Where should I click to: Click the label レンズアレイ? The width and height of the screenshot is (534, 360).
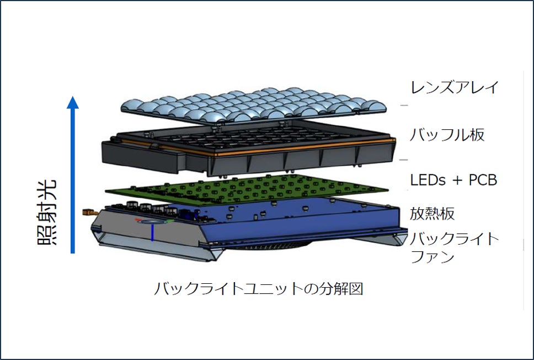click(454, 87)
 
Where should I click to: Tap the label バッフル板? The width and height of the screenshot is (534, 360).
click(447, 134)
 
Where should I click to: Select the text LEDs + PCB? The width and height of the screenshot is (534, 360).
click(453, 180)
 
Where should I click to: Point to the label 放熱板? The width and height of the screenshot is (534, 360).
click(432, 214)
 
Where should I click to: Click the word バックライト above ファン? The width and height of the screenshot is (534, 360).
click(454, 240)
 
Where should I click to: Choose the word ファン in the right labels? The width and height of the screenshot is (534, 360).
click(432, 257)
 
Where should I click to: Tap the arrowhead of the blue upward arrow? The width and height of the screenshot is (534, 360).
click(73, 103)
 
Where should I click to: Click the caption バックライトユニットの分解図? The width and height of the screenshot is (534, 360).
click(258, 288)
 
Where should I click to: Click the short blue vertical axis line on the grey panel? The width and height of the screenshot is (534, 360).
click(152, 231)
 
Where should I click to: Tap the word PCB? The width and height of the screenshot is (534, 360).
click(484, 181)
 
